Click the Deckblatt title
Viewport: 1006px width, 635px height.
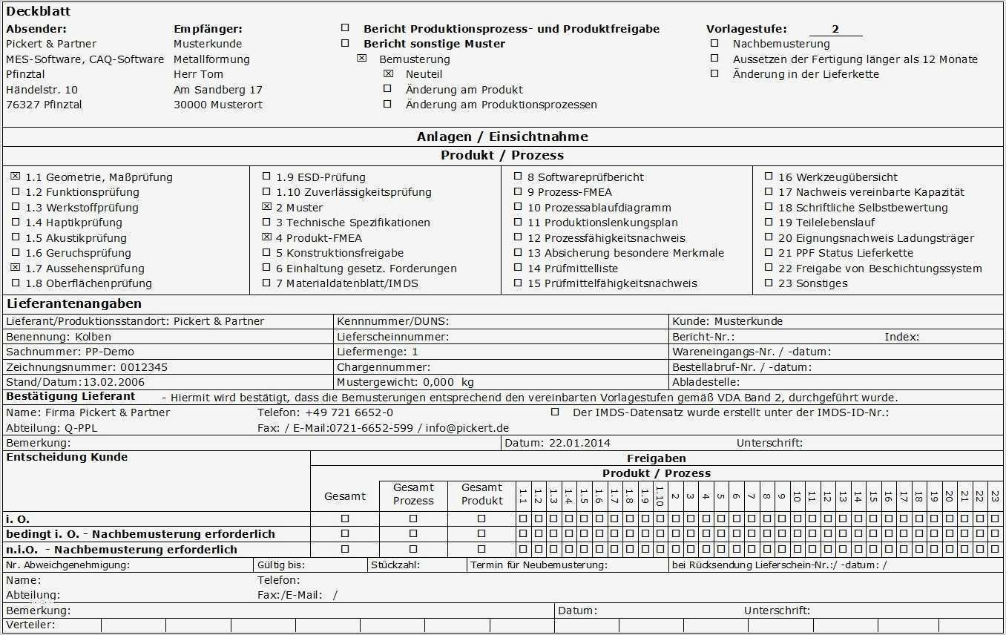tap(39, 12)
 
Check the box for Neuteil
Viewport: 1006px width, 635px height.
tap(388, 74)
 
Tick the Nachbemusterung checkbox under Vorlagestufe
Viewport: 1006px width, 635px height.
tap(714, 44)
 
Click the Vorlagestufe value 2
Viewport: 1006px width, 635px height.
tap(835, 29)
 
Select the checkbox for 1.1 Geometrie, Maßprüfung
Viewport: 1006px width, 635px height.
tap(16, 177)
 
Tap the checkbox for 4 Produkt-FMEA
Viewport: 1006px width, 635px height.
tap(266, 237)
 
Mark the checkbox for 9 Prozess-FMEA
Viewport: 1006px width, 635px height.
tap(518, 192)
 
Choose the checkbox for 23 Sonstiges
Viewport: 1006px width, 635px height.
tap(769, 283)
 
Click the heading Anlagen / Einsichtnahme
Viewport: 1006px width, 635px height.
tap(502, 136)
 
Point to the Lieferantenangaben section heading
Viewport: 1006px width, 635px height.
tap(73, 303)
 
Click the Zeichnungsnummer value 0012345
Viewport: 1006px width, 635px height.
tap(144, 367)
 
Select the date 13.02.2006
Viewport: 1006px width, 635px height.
tap(114, 382)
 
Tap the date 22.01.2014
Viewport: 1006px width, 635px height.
tap(579, 443)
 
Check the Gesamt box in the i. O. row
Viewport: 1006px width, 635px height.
tap(345, 519)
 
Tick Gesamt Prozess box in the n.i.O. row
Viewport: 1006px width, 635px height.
tap(413, 550)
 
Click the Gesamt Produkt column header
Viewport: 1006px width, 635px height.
tap(481, 494)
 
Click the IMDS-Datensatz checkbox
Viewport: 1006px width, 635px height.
tap(555, 412)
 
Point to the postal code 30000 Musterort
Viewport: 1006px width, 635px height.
tap(217, 105)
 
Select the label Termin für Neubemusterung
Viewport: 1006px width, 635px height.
tap(539, 565)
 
